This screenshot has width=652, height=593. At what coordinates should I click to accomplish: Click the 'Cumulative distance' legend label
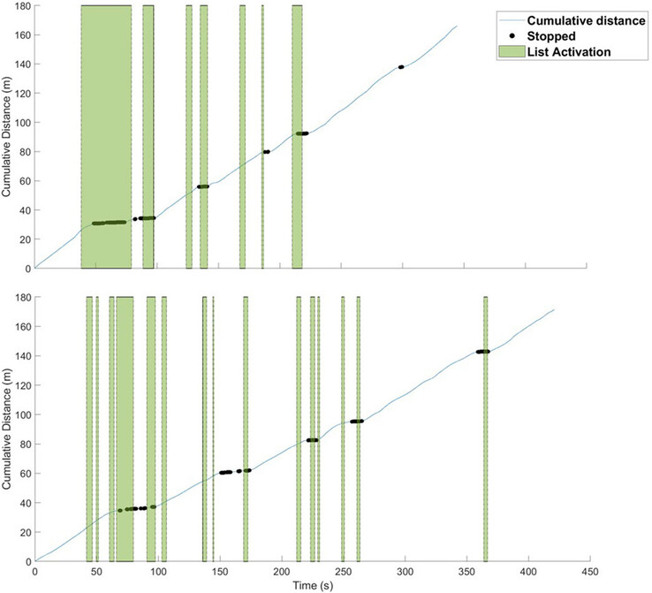(x=587, y=20)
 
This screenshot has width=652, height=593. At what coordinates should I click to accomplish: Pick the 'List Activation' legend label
(x=571, y=52)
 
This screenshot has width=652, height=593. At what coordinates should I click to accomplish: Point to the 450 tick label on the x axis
(x=589, y=571)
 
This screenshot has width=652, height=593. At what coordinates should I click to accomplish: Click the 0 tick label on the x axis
(x=34, y=571)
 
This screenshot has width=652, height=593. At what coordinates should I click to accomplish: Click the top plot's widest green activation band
(x=106, y=133)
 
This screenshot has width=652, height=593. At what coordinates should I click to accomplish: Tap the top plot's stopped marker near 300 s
(x=401, y=67)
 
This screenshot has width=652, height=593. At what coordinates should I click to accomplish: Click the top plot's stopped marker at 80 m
(x=266, y=152)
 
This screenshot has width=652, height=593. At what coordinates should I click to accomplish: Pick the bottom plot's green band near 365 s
(x=485, y=424)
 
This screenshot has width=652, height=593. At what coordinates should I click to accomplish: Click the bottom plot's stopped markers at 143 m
(x=482, y=352)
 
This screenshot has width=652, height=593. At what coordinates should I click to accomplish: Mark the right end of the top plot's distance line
(x=457, y=27)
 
